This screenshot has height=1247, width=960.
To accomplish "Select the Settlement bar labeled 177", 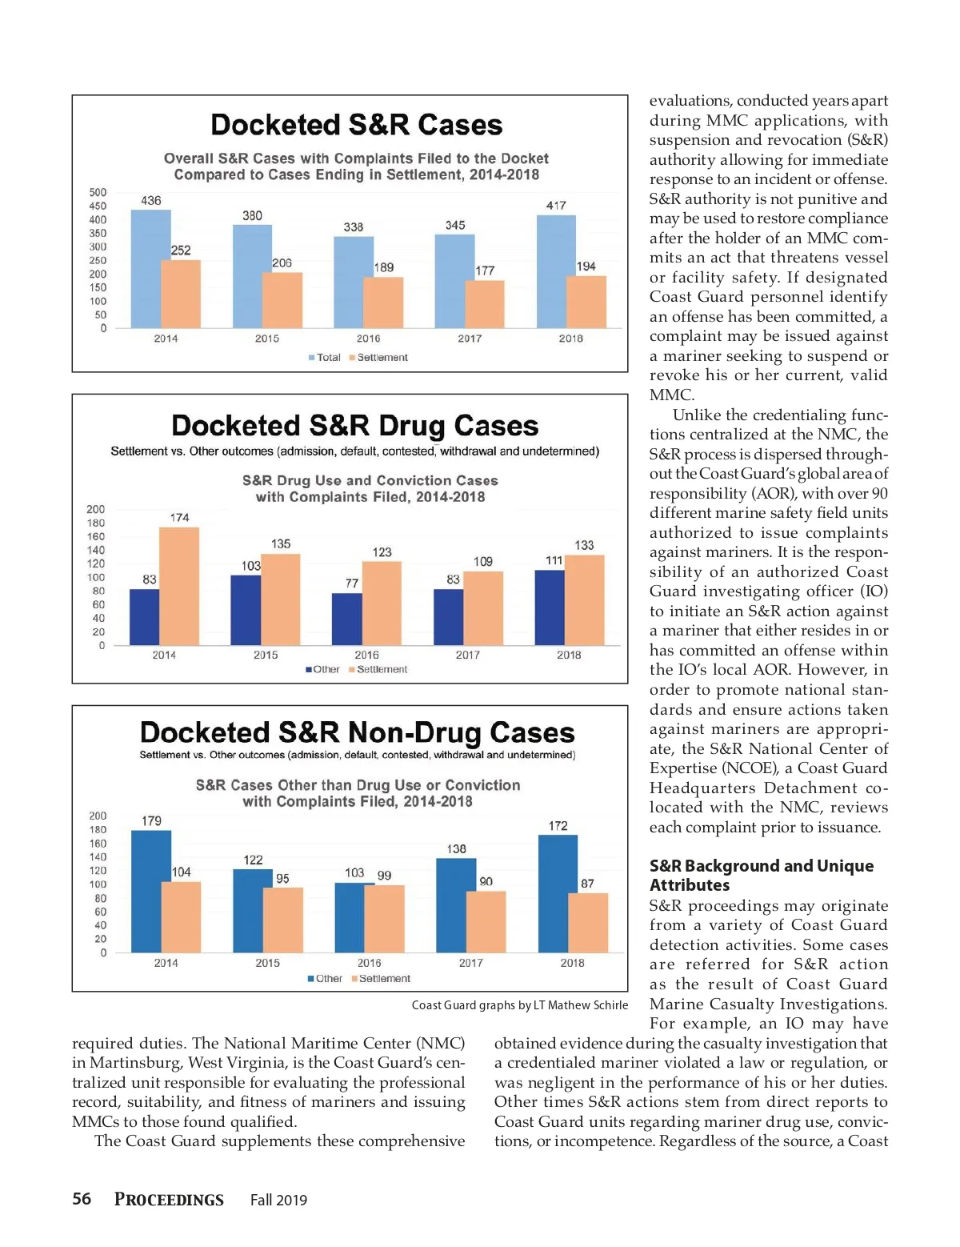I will point(485,304).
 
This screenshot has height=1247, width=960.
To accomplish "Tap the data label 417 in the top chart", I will point(556,205).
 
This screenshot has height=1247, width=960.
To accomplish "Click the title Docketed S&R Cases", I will point(356,125).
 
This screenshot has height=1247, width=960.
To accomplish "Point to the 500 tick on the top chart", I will point(98,192).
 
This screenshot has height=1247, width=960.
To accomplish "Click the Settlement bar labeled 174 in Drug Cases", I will point(179,586).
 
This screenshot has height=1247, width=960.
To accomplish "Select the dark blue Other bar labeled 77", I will point(346,619).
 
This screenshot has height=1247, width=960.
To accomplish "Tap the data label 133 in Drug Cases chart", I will point(584,545).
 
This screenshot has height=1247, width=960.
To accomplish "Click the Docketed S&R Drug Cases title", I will point(354,425).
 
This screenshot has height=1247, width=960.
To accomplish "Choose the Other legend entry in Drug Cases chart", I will point(322,669).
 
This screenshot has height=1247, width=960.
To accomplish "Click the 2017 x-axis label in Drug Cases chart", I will point(468,655).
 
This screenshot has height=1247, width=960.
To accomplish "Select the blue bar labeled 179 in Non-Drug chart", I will point(150,891).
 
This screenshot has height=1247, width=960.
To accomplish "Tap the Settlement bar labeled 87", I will point(588,922).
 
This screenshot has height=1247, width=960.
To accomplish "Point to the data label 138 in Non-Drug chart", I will point(456,848).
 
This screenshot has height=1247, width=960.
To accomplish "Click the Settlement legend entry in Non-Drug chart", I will point(381,978).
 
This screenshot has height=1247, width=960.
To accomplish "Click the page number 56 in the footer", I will point(82,1198).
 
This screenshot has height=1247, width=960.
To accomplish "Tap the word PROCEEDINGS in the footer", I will point(169,1199).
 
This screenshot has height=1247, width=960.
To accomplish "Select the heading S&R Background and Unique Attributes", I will point(761,875).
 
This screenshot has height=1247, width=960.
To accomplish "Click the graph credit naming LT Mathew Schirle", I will point(519,1005).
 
